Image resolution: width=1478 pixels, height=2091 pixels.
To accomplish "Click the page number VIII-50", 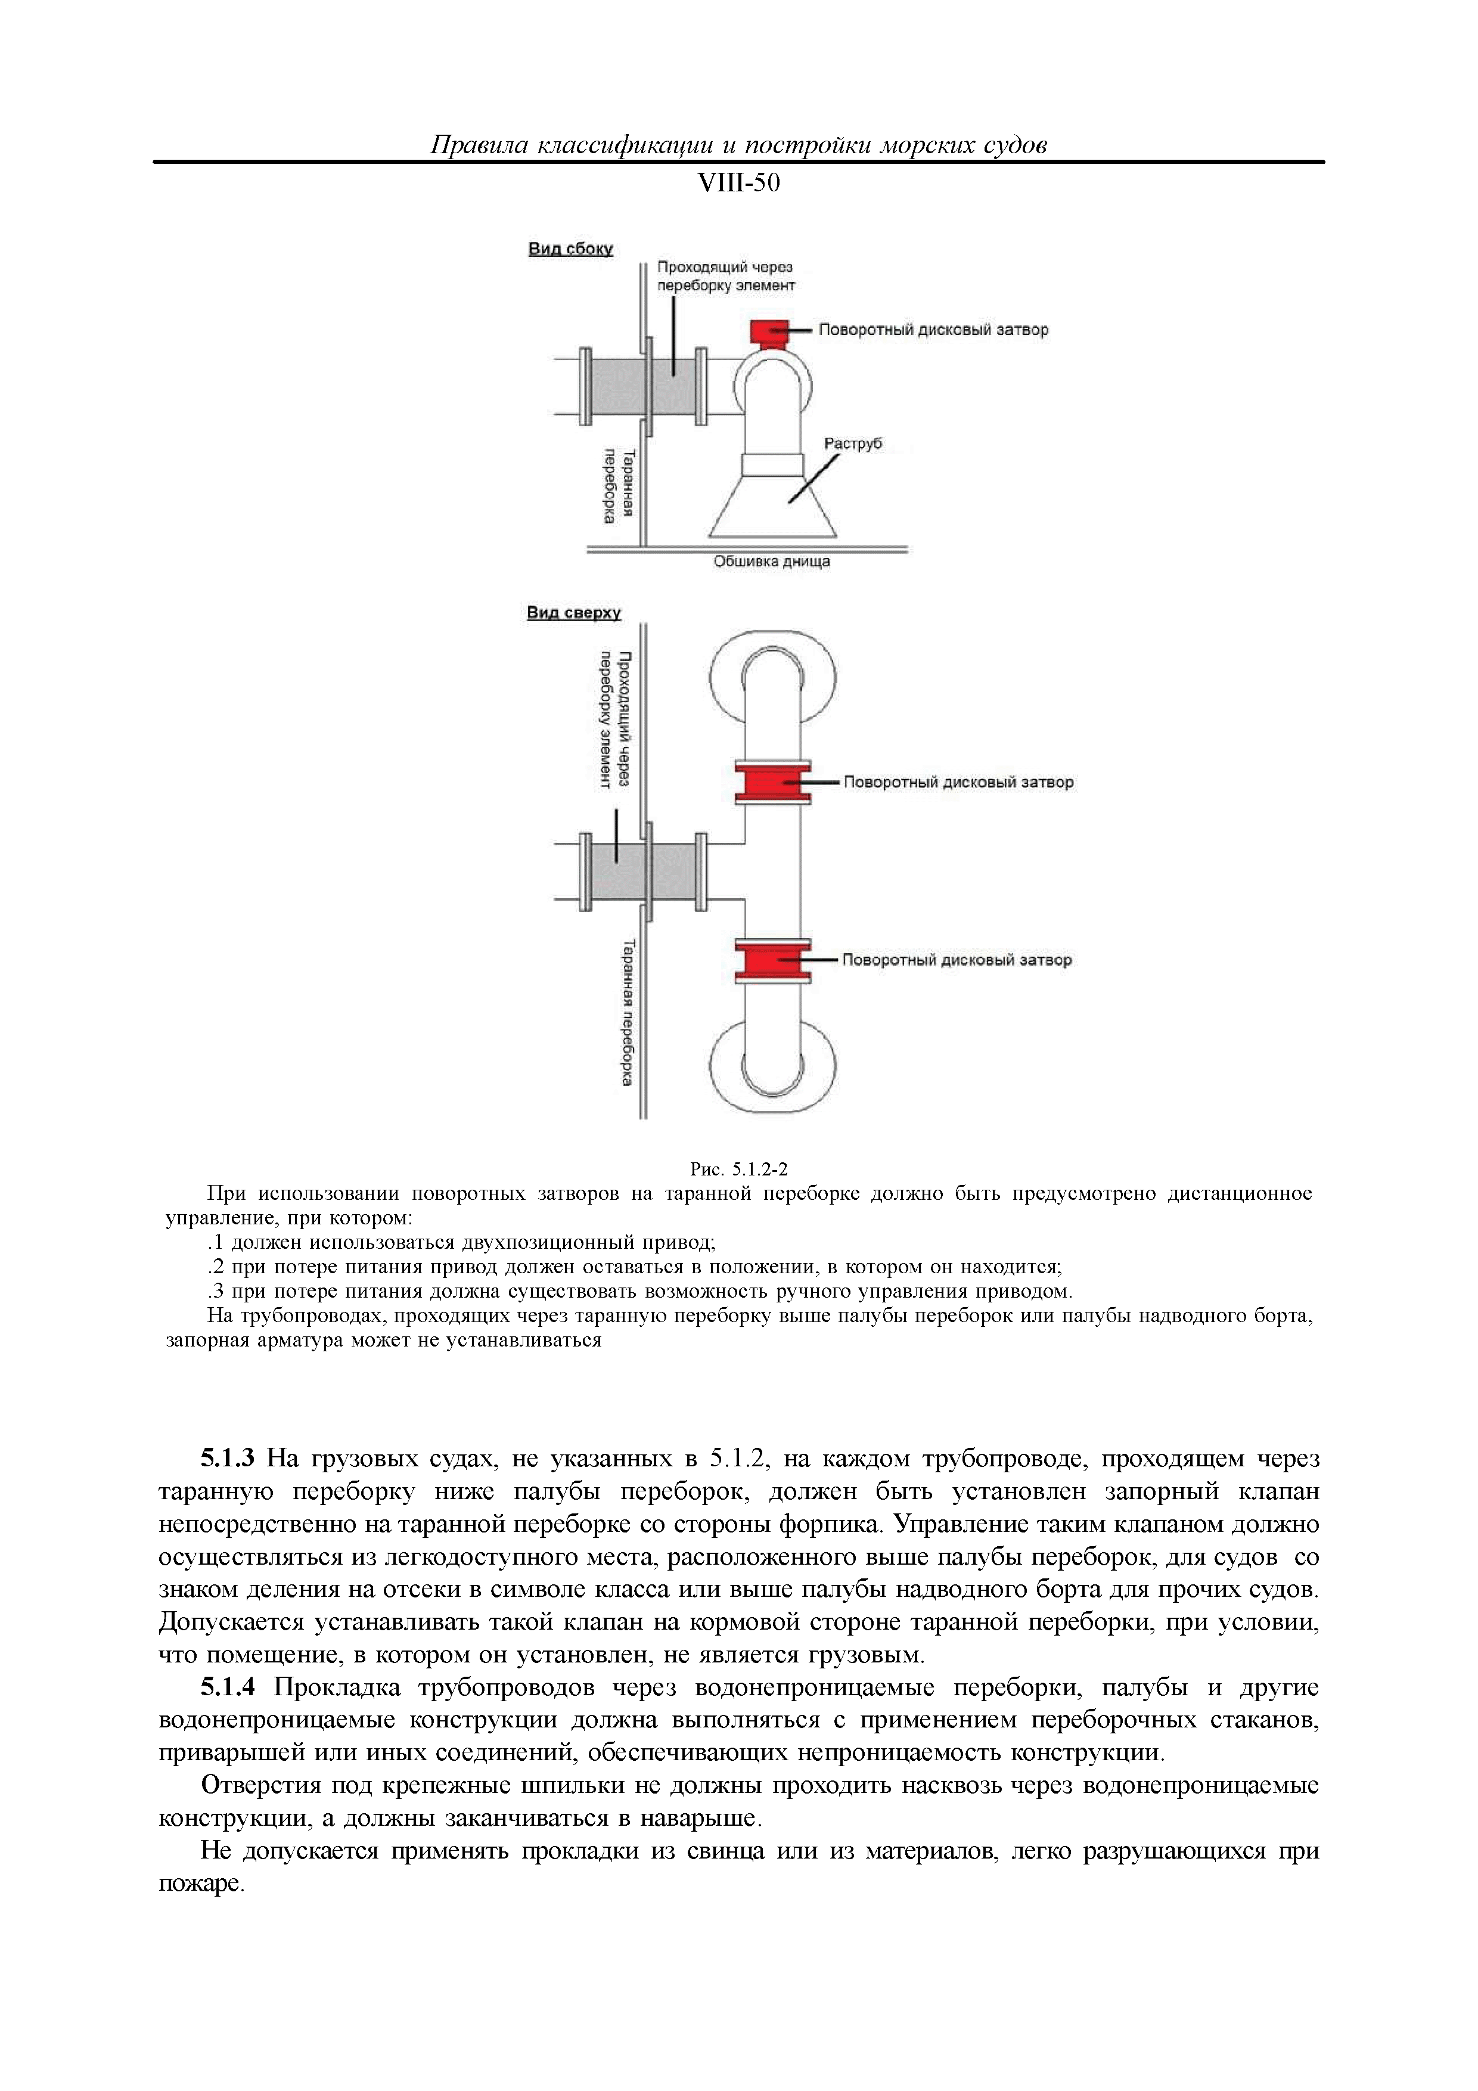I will [738, 184].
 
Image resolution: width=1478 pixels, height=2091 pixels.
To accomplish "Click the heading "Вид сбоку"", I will [570, 249].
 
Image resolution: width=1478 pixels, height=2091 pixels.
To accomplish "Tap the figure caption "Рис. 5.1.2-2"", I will [738, 1169].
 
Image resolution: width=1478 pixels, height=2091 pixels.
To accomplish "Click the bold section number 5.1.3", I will [228, 1459].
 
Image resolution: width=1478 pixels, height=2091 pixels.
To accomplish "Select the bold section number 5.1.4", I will [228, 1687].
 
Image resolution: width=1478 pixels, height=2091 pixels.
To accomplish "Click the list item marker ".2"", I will [216, 1267].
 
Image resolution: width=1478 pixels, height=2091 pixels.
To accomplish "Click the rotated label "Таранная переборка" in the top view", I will [628, 1013].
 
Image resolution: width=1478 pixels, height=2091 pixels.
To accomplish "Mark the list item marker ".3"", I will [216, 1292].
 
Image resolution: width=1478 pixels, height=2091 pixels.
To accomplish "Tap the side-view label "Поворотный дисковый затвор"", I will [933, 330].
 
